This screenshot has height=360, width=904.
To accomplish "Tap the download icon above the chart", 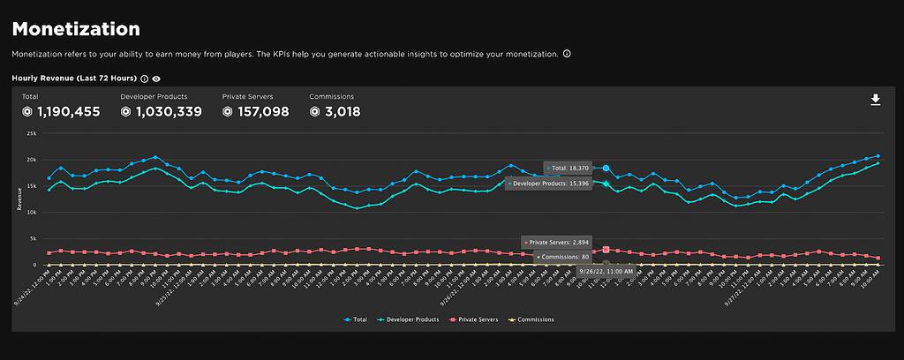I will pyautogui.click(x=875, y=100).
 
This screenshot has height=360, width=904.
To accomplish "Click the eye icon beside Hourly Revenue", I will pyautogui.click(x=156, y=79).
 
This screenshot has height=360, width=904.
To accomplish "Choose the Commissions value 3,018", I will pyautogui.click(x=335, y=112).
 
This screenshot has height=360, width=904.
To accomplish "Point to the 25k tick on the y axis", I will pyautogui.click(x=30, y=133).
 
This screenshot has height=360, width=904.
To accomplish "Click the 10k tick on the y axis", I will pyautogui.click(x=30, y=213).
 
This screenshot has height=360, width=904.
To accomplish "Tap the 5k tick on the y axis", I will pyautogui.click(x=32, y=238).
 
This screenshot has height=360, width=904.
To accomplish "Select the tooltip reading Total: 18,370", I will pyautogui.click(x=572, y=167).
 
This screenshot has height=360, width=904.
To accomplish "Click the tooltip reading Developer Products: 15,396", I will pyautogui.click(x=548, y=184).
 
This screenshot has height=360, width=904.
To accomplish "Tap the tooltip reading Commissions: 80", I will pyautogui.click(x=562, y=257).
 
